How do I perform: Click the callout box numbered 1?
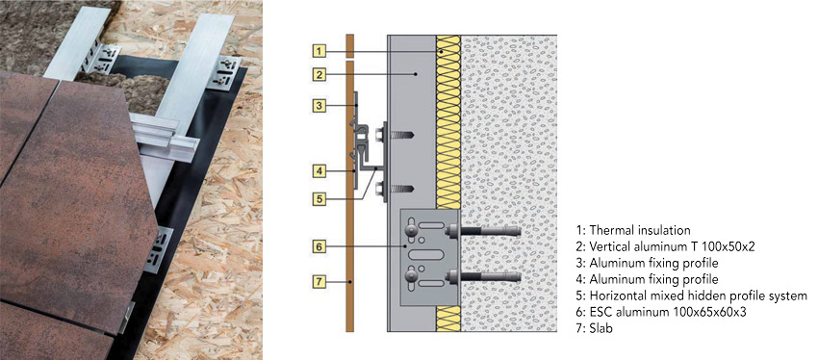tap(321, 49)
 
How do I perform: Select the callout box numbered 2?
tap(321, 73)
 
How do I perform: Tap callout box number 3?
tap(321, 104)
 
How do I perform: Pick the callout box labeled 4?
tap(321, 170)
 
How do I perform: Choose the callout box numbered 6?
tap(321, 246)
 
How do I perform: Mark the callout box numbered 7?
tap(321, 282)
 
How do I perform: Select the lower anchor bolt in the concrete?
tap(481, 278)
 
